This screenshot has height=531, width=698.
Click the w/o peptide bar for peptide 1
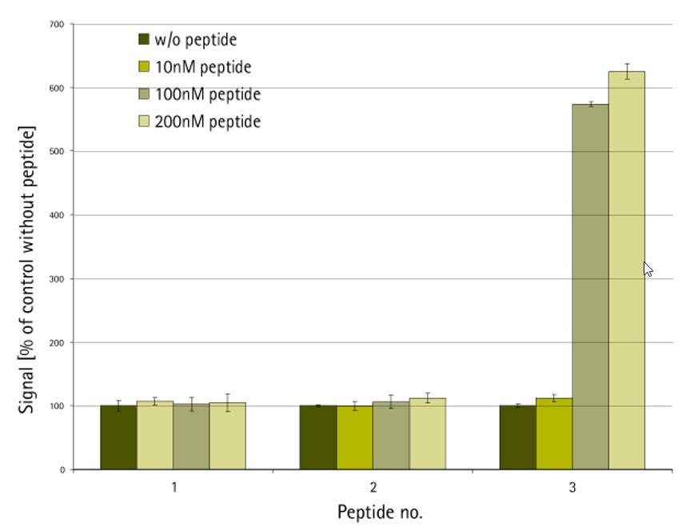118,437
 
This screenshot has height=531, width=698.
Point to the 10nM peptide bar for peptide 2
354,437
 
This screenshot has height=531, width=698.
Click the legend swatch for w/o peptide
144,39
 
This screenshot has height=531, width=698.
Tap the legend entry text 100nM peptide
208,94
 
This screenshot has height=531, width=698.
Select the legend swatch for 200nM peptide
144,122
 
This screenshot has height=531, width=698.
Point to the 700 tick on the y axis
56,24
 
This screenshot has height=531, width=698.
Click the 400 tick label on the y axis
56,215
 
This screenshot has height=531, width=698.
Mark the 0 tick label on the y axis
61,469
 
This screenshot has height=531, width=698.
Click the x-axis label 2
373,487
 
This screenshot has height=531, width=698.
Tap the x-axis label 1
174,487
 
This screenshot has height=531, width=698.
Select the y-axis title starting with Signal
29,269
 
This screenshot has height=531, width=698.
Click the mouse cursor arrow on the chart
648,269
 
